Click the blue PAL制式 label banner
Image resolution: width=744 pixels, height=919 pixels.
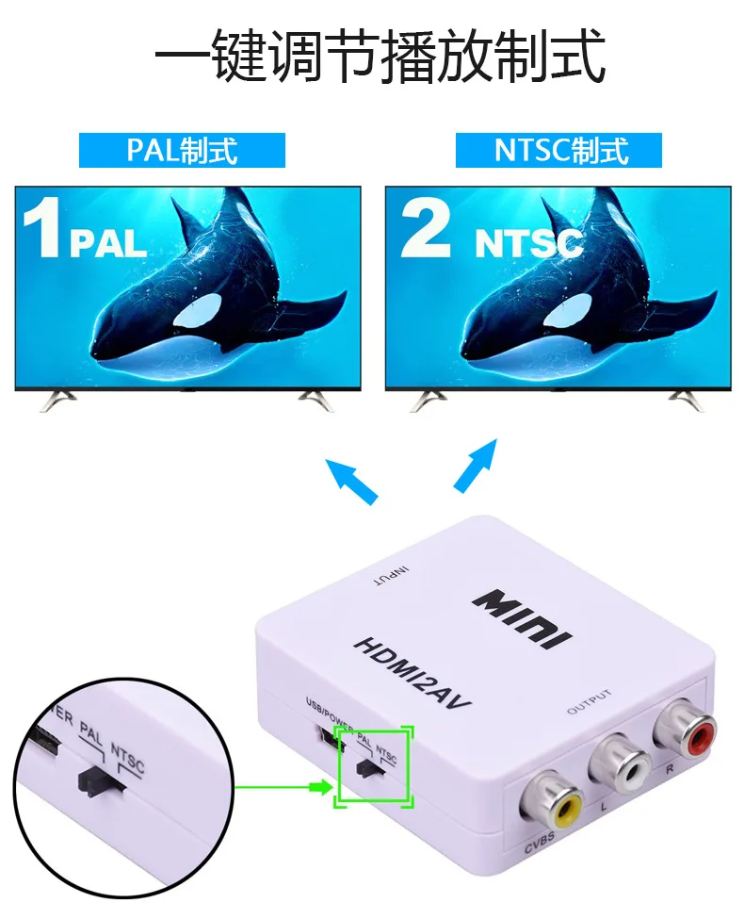[x=182, y=150]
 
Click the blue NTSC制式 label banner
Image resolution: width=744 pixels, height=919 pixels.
[x=559, y=150]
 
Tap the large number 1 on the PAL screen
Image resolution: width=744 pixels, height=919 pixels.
[x=41, y=226]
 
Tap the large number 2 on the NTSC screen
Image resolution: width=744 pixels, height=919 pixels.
[x=425, y=226]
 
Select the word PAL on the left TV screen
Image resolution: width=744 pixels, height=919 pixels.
[x=108, y=243]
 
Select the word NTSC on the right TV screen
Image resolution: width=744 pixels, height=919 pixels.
[x=528, y=243]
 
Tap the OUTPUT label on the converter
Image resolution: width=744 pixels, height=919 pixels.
[x=589, y=701]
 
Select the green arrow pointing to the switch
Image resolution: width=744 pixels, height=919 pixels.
[x=283, y=784]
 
